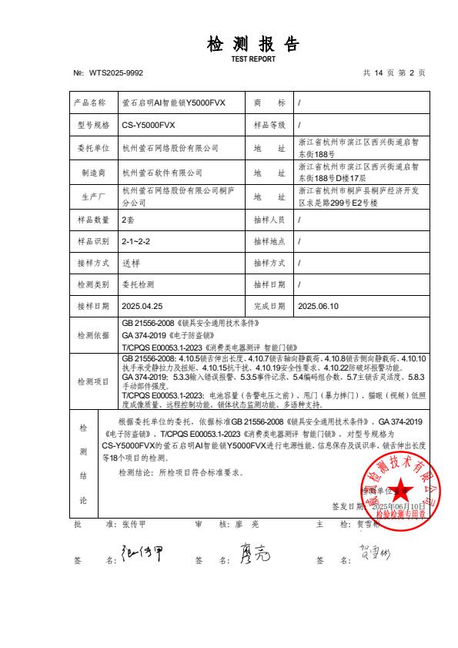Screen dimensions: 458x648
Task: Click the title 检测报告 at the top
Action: tap(252, 45)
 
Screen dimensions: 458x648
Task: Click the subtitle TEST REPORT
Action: tap(252, 59)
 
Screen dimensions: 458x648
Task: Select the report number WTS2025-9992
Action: tap(115, 73)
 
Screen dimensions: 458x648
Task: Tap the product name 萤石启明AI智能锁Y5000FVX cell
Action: tap(174, 102)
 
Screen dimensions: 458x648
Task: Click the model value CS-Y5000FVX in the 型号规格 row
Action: tap(149, 124)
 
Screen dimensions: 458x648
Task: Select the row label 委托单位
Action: tap(92, 146)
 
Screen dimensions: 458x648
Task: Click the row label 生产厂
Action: tap(92, 196)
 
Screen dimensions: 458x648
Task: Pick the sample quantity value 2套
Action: tap(129, 220)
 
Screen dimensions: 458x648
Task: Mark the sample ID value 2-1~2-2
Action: tap(136, 241)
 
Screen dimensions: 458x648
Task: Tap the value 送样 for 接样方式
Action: tap(131, 263)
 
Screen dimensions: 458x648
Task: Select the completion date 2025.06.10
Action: tap(318, 306)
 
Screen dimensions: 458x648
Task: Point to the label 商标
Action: tap(269, 102)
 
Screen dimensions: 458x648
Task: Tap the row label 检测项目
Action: tap(92, 381)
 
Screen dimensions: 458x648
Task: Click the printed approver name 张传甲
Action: tap(134, 524)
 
